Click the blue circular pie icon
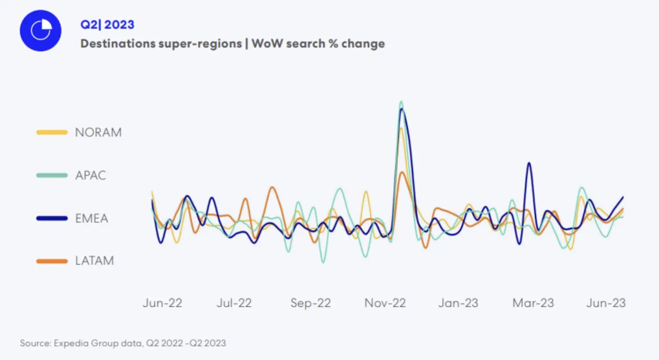(40, 31)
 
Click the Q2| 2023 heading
(107, 24)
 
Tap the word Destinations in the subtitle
(118, 44)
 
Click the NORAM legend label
(98, 132)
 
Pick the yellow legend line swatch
(52, 132)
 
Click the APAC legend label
(90, 175)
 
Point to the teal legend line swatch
(52, 175)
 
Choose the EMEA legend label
(91, 218)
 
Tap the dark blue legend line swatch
(52, 218)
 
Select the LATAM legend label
(94, 260)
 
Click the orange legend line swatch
(52, 261)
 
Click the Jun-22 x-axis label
(163, 303)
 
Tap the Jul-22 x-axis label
(234, 303)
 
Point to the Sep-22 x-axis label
(311, 303)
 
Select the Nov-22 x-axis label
(385, 303)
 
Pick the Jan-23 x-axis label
(458, 303)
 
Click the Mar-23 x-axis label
(533, 303)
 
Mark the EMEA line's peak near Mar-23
(529, 163)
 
